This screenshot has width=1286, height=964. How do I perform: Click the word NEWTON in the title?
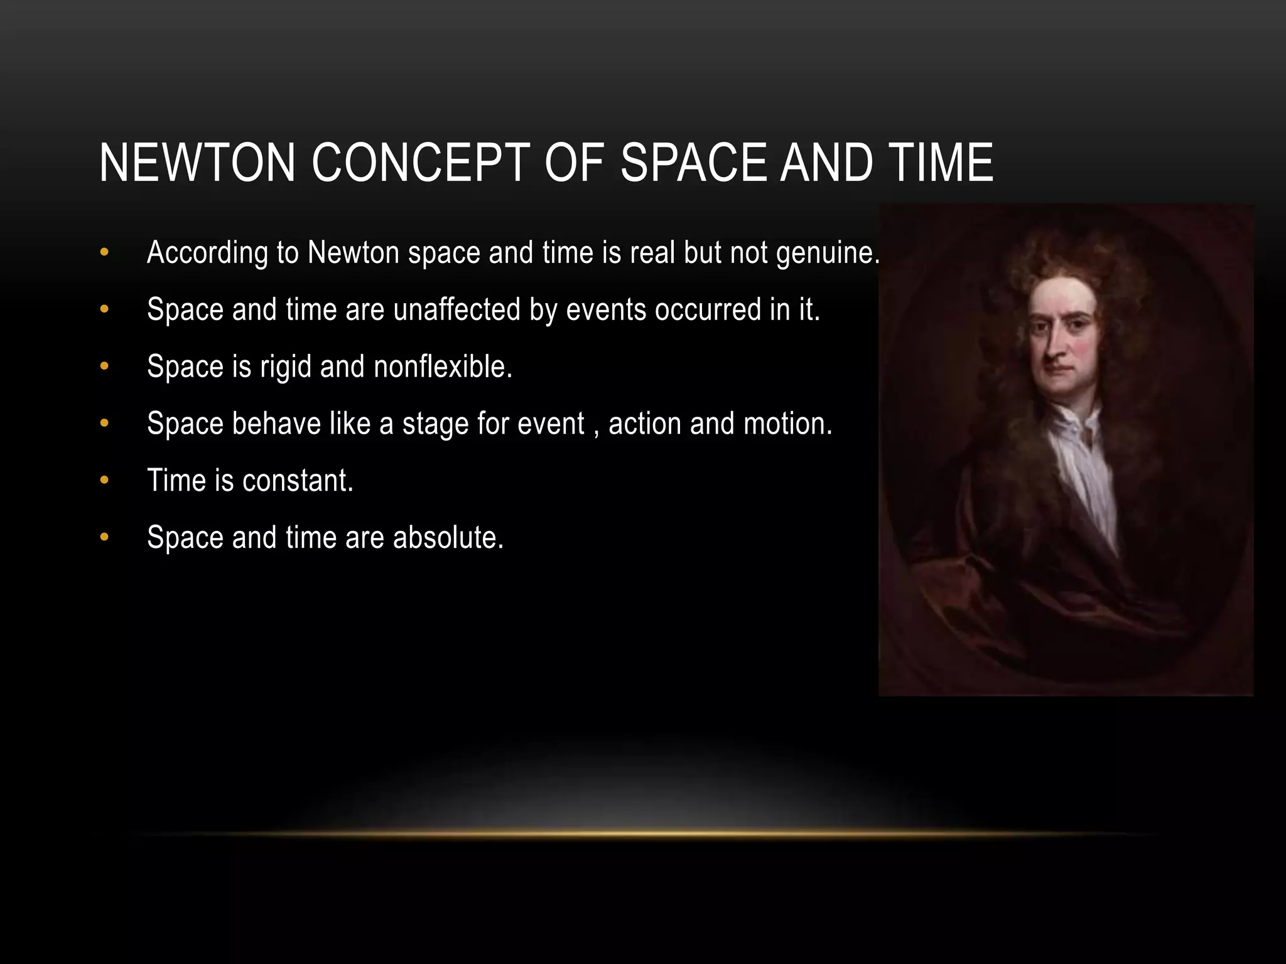pyautogui.click(x=197, y=163)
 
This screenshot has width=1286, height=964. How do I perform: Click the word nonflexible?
pyautogui.click(x=443, y=367)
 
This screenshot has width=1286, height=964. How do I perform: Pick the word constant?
pyautogui.click(x=297, y=481)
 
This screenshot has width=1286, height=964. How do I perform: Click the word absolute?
pyautogui.click(x=448, y=538)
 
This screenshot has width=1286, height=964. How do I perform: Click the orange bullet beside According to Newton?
pyautogui.click(x=104, y=253)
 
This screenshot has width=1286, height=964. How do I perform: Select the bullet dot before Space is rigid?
pyautogui.click(x=104, y=367)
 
